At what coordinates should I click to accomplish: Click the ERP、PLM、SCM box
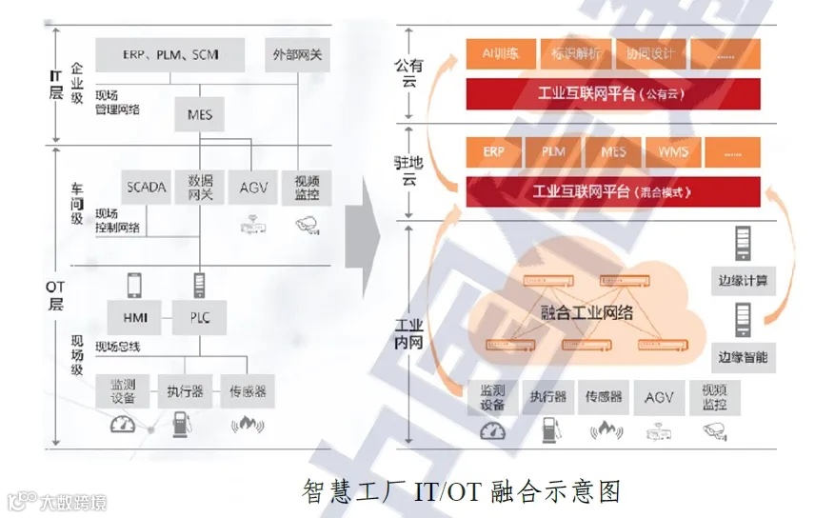(x=170, y=55)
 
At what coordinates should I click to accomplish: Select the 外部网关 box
(x=297, y=55)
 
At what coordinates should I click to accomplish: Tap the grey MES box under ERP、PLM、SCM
(x=200, y=116)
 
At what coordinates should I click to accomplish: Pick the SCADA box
(x=146, y=188)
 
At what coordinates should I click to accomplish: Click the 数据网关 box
(x=200, y=188)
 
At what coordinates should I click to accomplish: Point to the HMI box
(x=134, y=317)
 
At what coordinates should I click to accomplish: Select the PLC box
(x=200, y=317)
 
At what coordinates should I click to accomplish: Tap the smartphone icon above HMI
(x=134, y=284)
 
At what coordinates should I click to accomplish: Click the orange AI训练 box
(x=500, y=54)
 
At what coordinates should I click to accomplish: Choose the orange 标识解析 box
(x=575, y=54)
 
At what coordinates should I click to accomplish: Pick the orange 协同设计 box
(x=651, y=54)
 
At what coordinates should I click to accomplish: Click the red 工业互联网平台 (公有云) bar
(x=613, y=94)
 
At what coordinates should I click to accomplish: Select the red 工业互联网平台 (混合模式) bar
(x=613, y=191)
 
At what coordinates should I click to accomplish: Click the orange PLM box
(x=553, y=152)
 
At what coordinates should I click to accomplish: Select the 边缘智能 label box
(x=744, y=357)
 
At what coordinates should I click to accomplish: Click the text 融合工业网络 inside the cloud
(x=586, y=312)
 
